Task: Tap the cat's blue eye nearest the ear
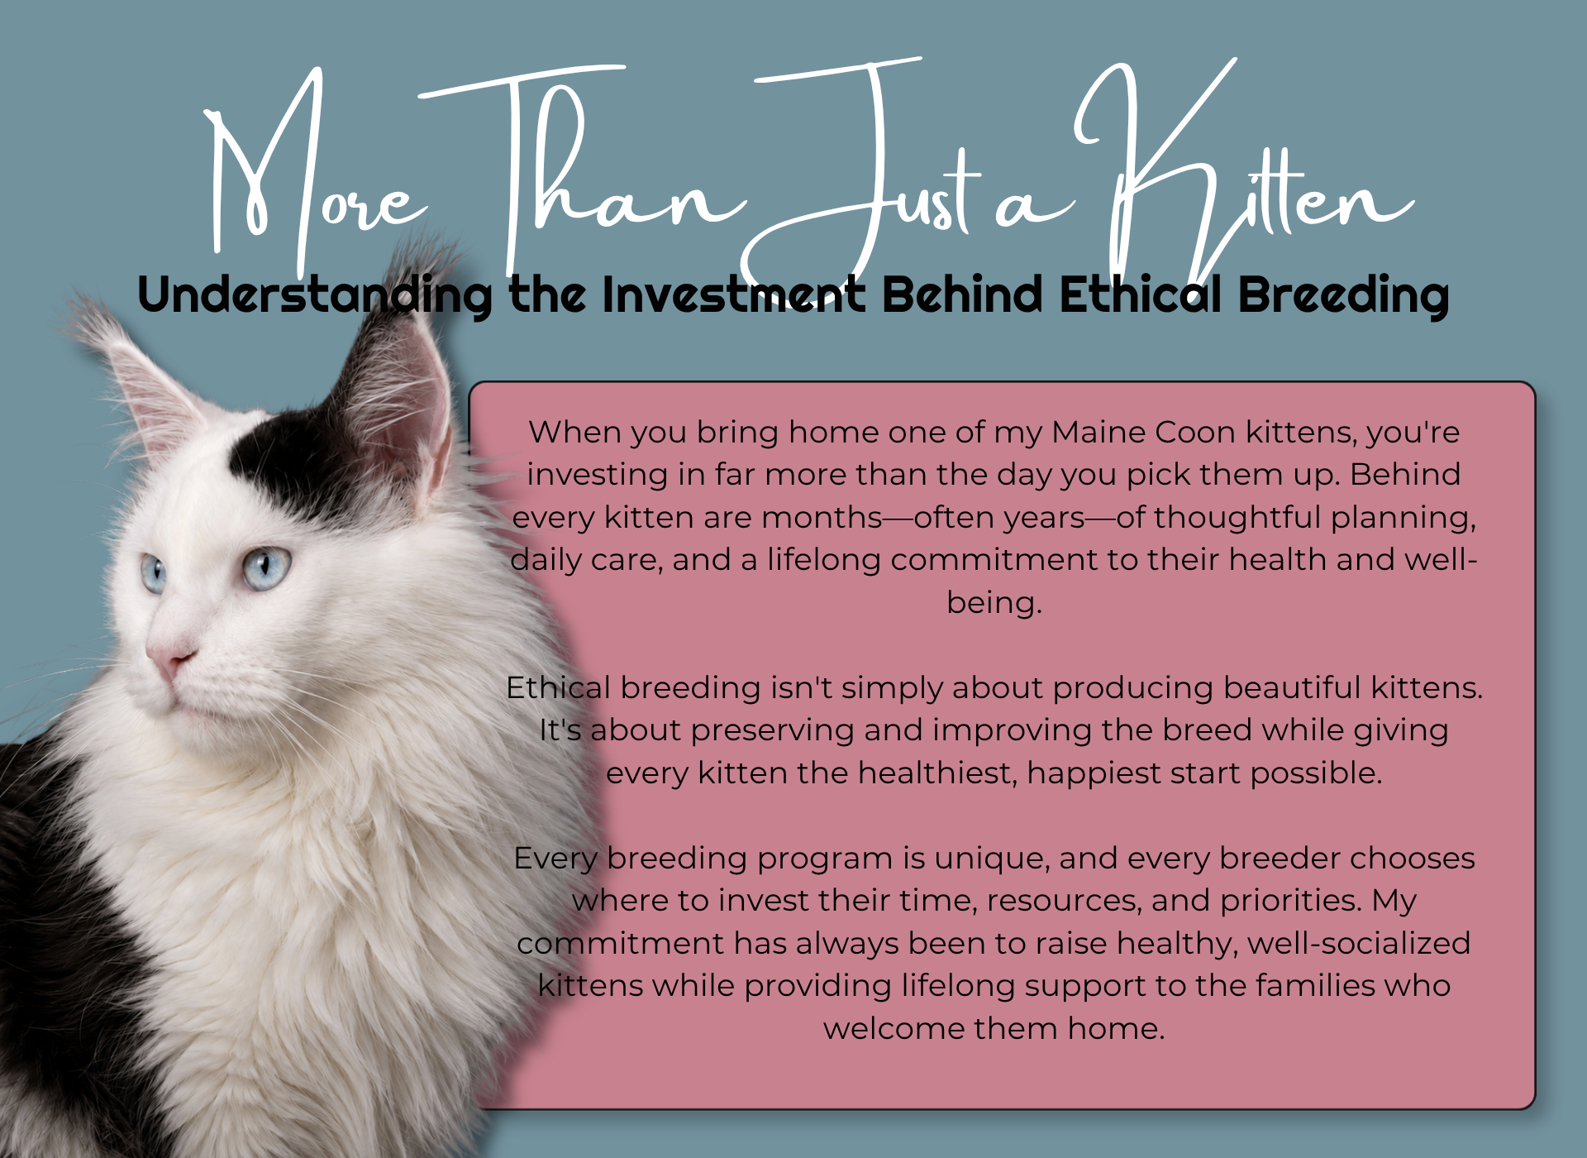[x=266, y=568]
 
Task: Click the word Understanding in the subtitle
[x=314, y=296]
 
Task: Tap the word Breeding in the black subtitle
[x=1343, y=296]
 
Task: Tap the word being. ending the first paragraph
[x=994, y=602]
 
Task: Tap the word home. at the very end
[x=1116, y=1029]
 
